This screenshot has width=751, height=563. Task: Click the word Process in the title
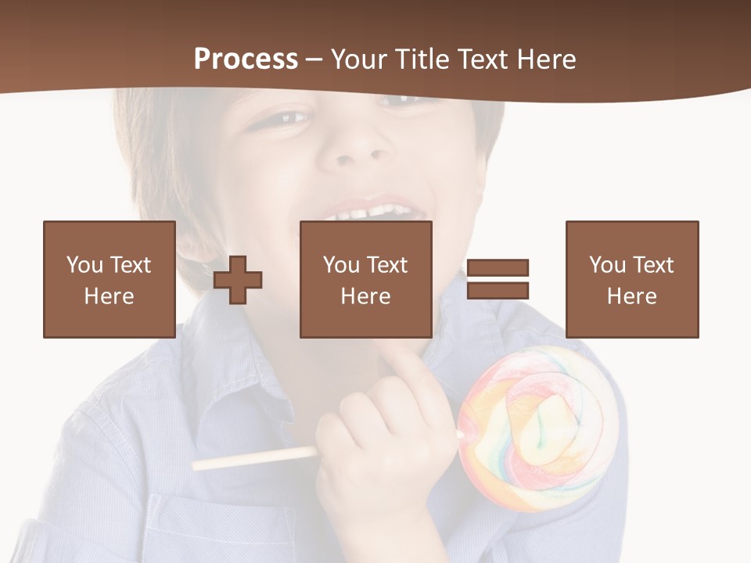pos(246,59)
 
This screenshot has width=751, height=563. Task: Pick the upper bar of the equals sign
pos(498,267)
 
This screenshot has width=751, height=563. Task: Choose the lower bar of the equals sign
pos(498,291)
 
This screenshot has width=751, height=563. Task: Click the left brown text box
pos(109,279)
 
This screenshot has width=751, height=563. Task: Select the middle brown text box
pos(365,279)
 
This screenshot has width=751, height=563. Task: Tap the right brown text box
pos(631,279)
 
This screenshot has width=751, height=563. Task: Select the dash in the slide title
pos(314,59)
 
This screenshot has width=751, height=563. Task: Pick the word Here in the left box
pos(109,296)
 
